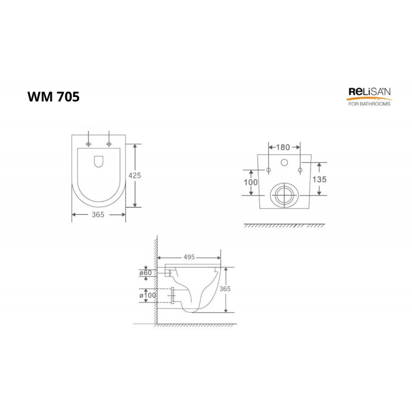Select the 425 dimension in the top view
pos(134,175)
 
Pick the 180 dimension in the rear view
pos(283,147)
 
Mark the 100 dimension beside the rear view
pos(251,182)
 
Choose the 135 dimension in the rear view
pos(319,179)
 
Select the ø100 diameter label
pos(147,295)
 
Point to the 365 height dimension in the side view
pos(225,289)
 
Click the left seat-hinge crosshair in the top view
pos(89,142)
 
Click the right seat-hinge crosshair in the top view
pos(109,142)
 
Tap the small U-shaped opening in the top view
pos(98,162)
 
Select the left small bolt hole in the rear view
pos(268,170)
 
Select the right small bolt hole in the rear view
pos(299,170)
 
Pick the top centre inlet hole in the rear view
pos(284,163)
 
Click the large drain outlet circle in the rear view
pos(284,195)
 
